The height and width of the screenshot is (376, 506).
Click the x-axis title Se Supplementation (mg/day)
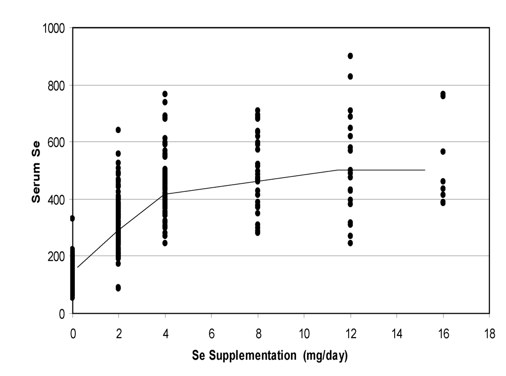click(270, 356)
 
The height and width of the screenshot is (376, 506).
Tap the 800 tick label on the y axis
click(56, 85)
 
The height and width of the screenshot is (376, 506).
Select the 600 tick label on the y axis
click(56, 142)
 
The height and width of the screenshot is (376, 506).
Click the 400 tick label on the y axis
click(56, 199)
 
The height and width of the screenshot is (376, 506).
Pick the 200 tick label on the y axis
click(56, 257)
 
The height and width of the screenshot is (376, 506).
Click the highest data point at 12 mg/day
click(350, 56)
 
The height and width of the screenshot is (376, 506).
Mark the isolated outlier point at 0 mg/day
click(72, 218)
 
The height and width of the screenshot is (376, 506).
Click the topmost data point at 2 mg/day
click(118, 130)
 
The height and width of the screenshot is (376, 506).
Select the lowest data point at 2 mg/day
click(118, 288)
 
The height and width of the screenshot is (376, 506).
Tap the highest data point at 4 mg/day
click(165, 94)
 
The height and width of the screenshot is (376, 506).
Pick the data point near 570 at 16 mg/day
click(443, 151)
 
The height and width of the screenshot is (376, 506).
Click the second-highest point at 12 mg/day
click(350, 76)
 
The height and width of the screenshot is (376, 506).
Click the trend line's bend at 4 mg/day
click(164, 194)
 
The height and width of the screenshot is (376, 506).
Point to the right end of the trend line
click(425, 170)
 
